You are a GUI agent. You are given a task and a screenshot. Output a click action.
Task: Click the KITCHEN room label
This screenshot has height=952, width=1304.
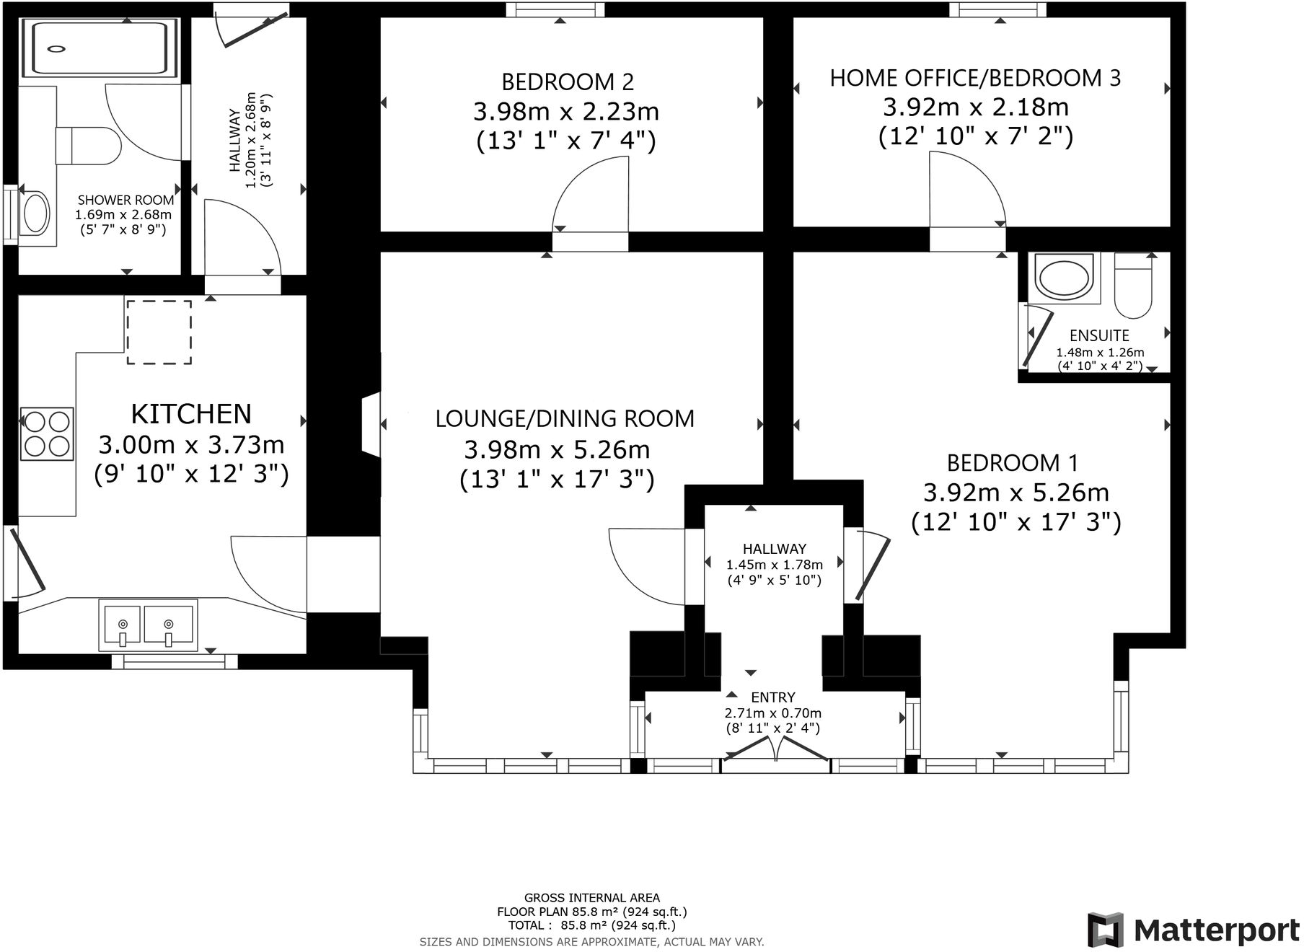point(191,414)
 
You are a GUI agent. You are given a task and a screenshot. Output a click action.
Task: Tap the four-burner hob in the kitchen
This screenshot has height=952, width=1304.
point(48,433)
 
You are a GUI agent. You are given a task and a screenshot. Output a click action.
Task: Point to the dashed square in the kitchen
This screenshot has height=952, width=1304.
point(159,332)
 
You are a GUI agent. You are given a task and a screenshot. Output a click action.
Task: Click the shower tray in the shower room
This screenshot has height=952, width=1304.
point(99,48)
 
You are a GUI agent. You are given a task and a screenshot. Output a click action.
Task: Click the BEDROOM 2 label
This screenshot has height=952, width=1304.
point(568,81)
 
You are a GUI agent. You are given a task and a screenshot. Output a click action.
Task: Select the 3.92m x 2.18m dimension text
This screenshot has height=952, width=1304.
point(975,107)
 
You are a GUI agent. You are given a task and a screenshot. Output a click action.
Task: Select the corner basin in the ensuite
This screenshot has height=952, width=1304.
point(1063,277)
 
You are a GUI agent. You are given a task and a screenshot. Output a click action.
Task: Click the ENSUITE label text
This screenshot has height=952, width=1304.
point(1098,335)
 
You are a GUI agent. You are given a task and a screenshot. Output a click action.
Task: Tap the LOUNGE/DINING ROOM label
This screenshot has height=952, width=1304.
point(565,418)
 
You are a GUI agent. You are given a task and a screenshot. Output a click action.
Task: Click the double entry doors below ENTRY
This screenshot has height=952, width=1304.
point(776,750)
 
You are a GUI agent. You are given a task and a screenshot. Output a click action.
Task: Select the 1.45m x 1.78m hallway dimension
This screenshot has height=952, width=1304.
point(774,565)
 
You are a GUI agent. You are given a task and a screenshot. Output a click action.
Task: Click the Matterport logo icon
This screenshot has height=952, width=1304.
point(1105,930)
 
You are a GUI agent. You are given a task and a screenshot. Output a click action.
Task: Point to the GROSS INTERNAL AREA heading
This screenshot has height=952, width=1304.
point(591,898)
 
